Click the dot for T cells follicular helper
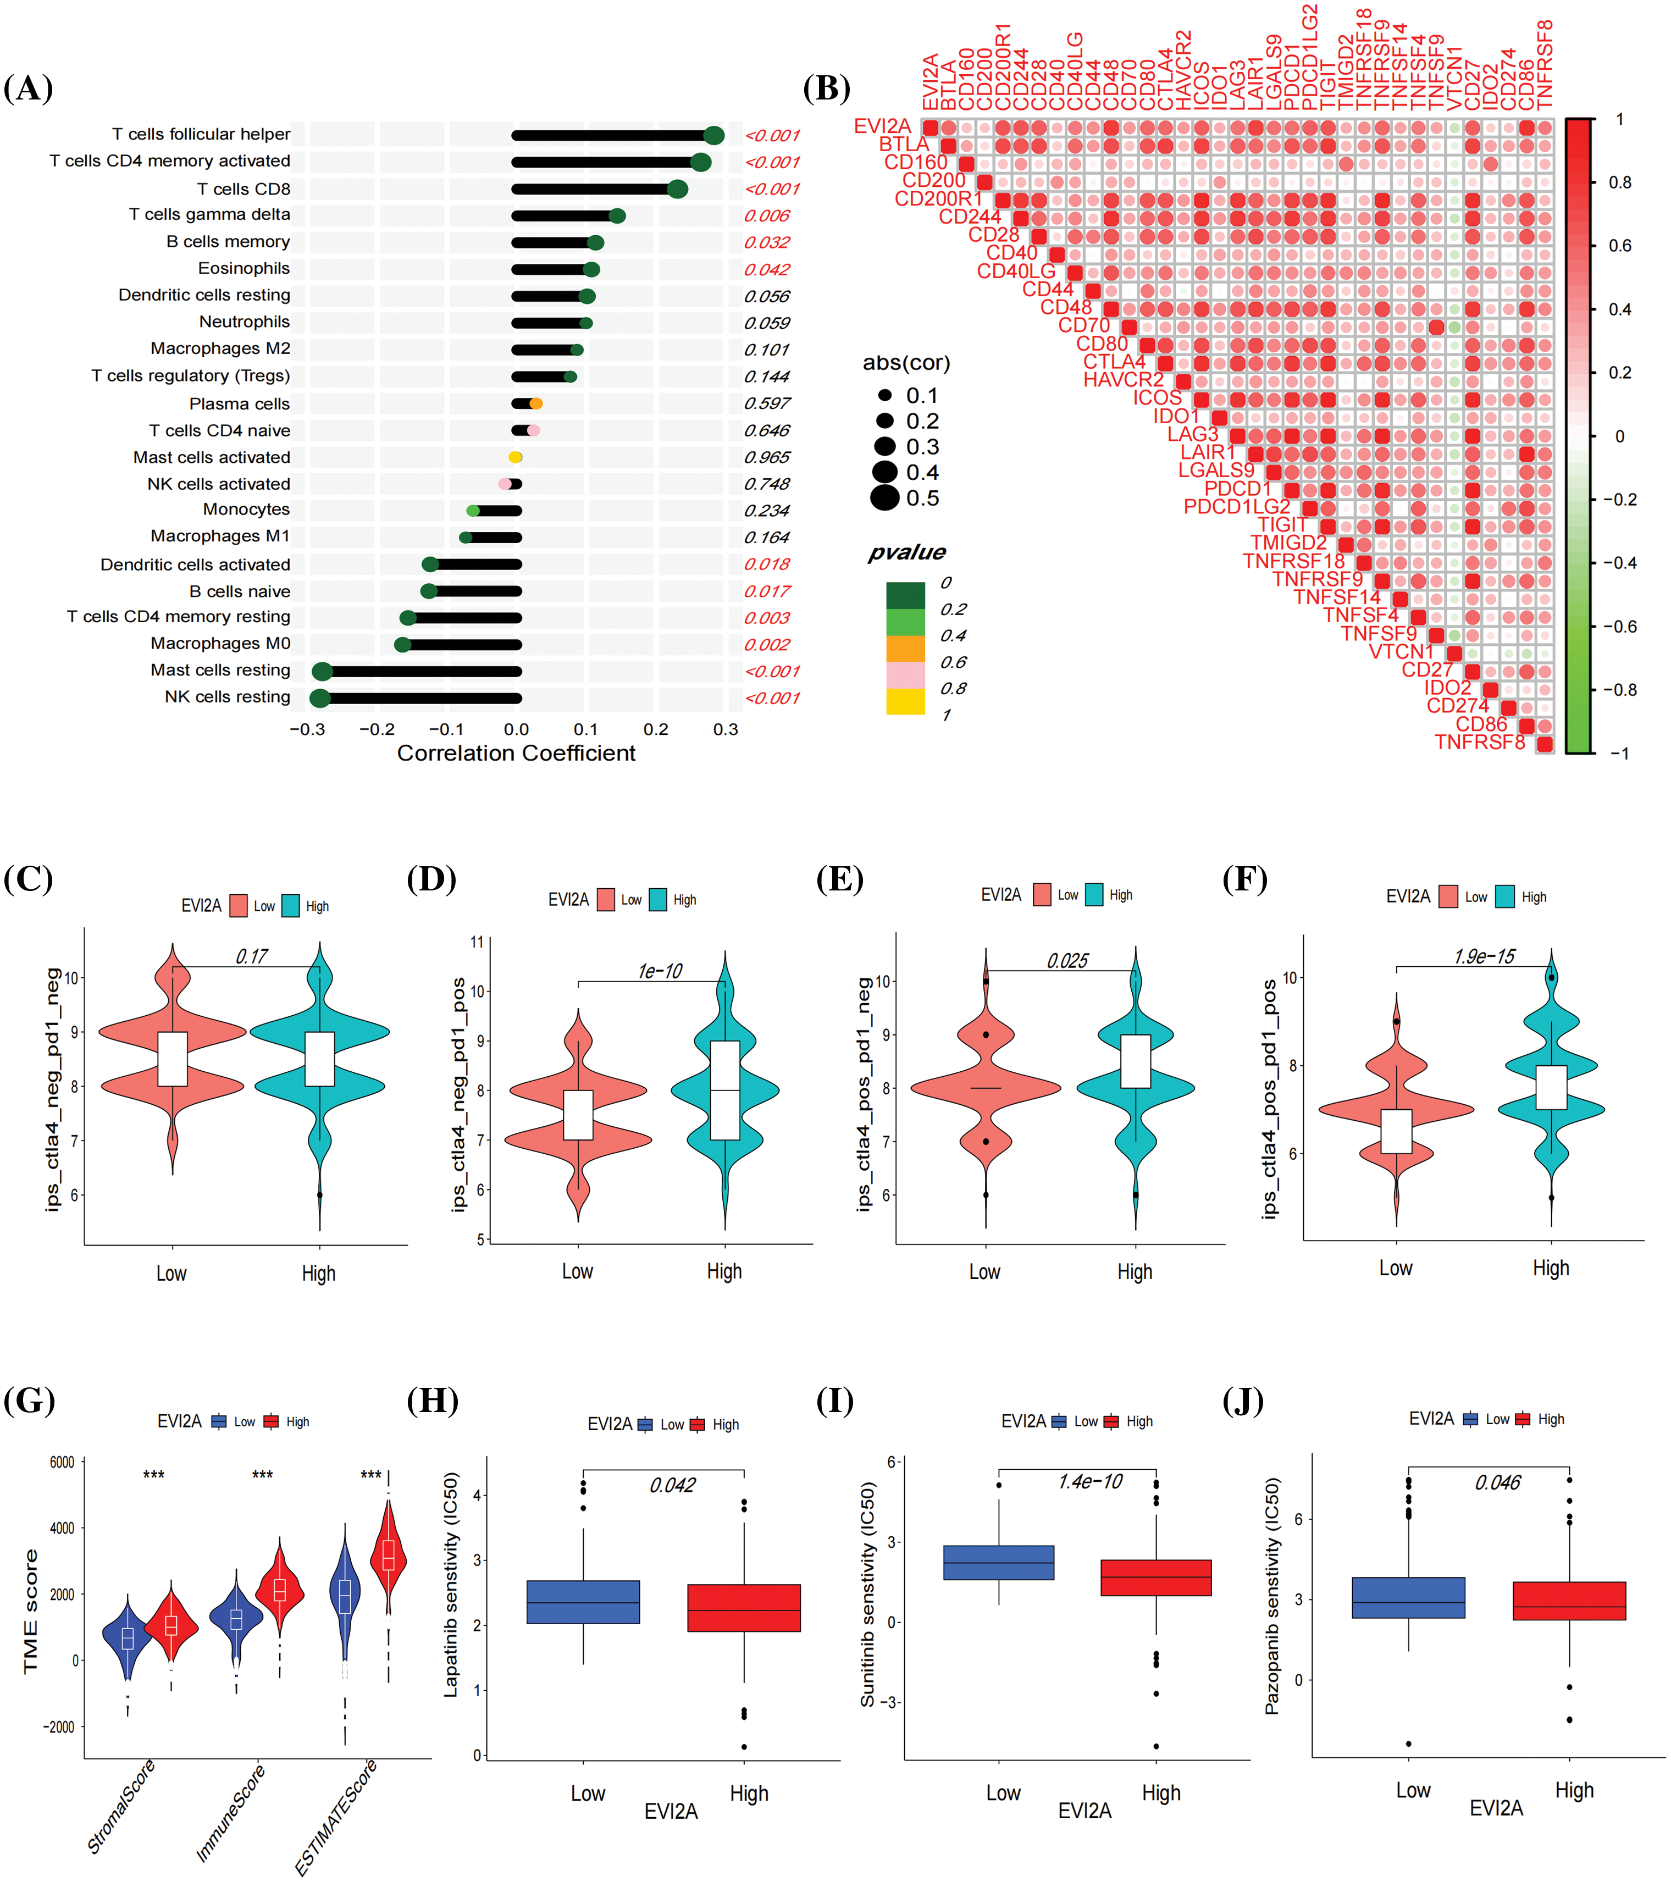point(713,135)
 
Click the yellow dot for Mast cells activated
point(516,458)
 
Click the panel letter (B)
point(826,88)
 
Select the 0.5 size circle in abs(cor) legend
point(885,498)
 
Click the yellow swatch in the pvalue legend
point(905,701)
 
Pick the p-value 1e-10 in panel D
point(660,971)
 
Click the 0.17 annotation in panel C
point(251,956)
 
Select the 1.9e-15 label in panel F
point(1484,956)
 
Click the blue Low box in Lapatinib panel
point(583,1603)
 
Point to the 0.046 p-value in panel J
point(1497,1482)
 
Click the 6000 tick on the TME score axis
point(62,1462)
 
